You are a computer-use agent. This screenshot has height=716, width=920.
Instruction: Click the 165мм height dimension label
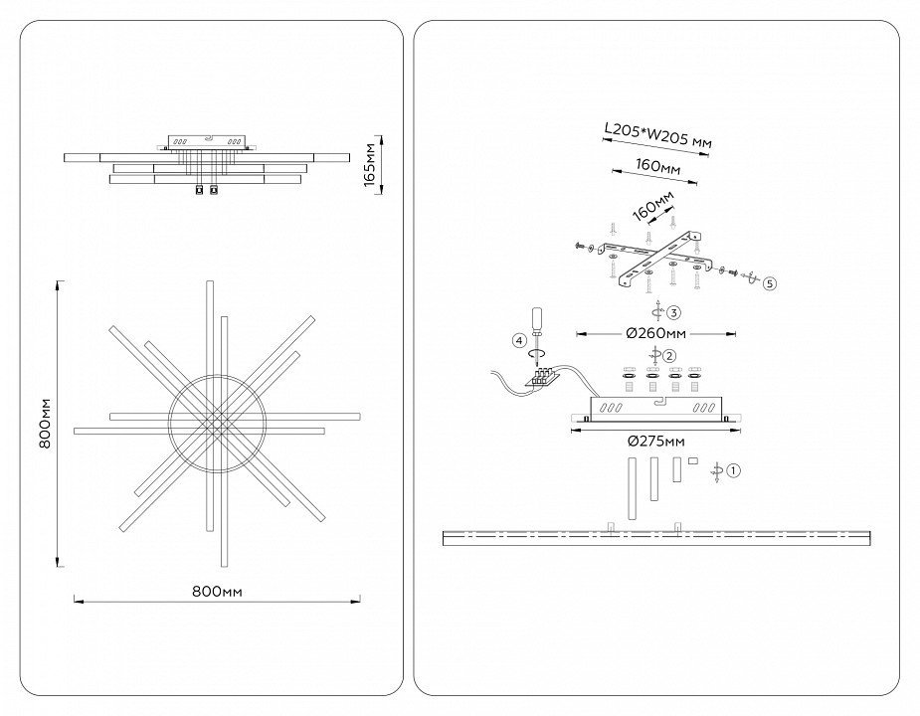tap(369, 164)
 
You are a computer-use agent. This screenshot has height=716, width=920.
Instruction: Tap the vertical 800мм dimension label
tap(45, 424)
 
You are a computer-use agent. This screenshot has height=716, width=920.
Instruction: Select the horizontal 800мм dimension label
tap(217, 592)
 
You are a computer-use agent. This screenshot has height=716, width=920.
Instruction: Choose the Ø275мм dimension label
tap(656, 441)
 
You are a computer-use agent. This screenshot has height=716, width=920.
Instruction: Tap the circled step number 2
tap(669, 356)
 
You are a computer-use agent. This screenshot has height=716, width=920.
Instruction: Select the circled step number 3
tap(673, 312)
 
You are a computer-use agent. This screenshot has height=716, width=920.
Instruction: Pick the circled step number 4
tap(518, 340)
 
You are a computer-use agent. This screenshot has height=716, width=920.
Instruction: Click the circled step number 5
tap(771, 283)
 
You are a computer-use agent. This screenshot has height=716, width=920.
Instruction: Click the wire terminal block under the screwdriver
tap(541, 377)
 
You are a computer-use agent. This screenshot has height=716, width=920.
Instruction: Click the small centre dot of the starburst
tap(217, 422)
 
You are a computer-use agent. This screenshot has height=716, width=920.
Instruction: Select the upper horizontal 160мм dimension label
tap(658, 166)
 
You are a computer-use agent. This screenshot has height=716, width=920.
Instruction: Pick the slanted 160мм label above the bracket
tap(653, 207)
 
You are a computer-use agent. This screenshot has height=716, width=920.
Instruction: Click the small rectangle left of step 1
tap(692, 460)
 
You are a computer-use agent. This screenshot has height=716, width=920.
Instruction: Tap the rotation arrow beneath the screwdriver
tap(536, 353)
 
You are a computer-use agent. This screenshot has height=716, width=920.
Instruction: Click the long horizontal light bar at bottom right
tap(656, 538)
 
